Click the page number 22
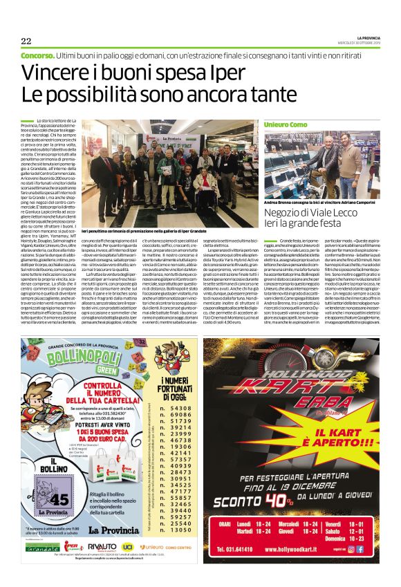26,40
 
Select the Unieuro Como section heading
285,123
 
